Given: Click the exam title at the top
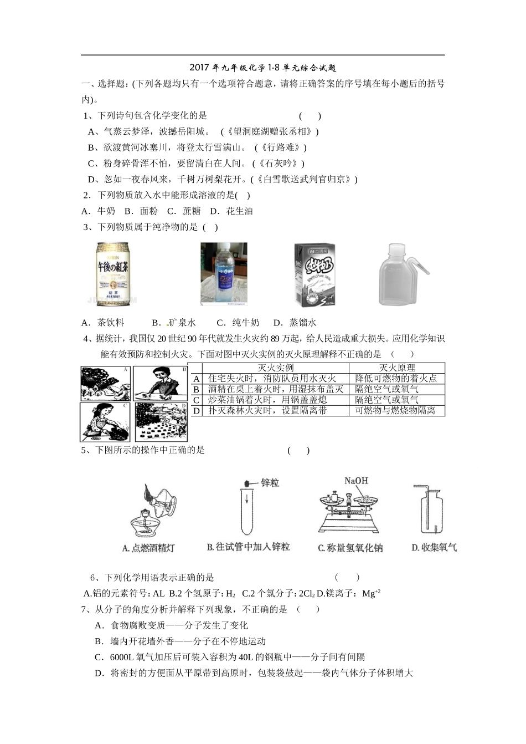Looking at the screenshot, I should coord(262,68).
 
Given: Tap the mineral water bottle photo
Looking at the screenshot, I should coord(224,274).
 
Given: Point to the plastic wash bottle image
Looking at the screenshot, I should coord(401,274).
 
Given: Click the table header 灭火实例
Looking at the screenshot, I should coord(275,368).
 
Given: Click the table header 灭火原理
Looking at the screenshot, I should coord(396,368).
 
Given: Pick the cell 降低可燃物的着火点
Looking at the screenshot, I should coord(396,379).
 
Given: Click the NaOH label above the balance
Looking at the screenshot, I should coord(356,481).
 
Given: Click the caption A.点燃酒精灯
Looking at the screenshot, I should coord(148,548).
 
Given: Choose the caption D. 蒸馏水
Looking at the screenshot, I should coord(295,323).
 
